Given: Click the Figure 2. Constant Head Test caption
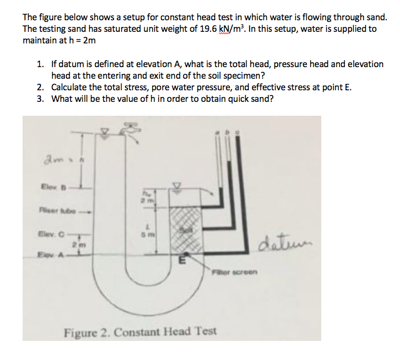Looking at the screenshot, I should pos(140,332).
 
